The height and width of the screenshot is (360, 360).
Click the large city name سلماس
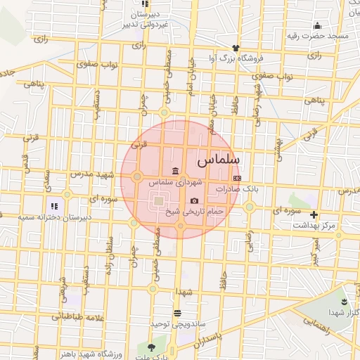point(220,160)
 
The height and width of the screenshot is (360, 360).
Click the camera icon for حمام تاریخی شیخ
point(194,201)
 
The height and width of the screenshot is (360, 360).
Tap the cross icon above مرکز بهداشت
point(314,214)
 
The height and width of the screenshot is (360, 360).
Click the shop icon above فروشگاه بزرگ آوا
point(236,47)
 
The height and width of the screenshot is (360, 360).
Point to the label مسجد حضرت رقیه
point(318,35)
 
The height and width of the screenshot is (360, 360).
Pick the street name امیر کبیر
point(317,250)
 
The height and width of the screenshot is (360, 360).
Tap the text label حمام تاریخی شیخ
point(194,211)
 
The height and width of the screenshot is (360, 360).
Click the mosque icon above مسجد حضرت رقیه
point(318,25)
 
